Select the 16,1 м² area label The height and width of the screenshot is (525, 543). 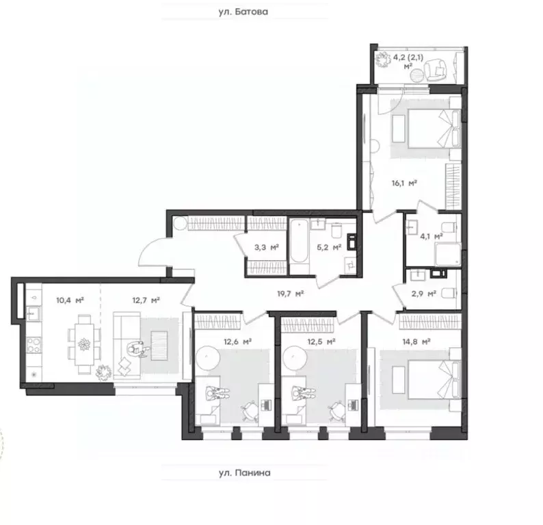(x=405, y=183)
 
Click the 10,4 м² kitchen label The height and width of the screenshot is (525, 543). (x=70, y=300)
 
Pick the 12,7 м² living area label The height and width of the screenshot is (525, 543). (x=146, y=300)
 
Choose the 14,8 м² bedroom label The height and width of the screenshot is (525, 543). (x=416, y=341)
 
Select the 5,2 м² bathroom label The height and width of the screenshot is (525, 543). (x=328, y=248)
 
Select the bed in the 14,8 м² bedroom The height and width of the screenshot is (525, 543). (x=424, y=377)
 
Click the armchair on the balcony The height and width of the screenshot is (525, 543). (x=434, y=69)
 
